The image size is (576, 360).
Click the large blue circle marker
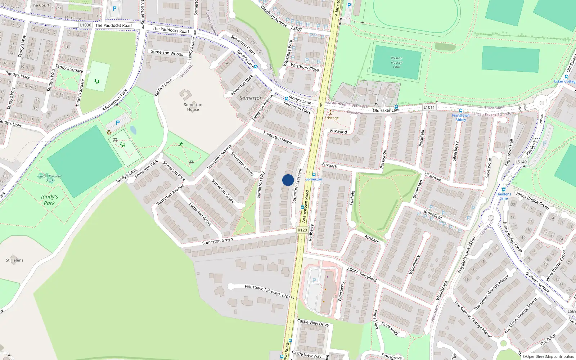[x=288, y=180]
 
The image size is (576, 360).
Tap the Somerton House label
[x=193, y=107]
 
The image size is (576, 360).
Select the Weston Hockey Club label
[x=396, y=62]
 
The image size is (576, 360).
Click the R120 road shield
[x=302, y=230]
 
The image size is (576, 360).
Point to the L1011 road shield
[x=429, y=107]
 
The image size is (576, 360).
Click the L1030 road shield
[x=86, y=25]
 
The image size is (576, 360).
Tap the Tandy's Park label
[x=49, y=200]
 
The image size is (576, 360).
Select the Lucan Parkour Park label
[x=50, y=178]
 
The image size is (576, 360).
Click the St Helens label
[x=15, y=260]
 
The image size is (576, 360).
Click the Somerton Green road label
[x=217, y=241]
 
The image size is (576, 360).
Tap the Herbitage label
[x=330, y=118]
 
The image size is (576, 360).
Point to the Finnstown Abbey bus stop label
[x=460, y=117]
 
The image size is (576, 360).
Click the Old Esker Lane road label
[x=386, y=110]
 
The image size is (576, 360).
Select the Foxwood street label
[x=338, y=131]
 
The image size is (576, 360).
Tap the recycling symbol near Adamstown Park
[x=109, y=132]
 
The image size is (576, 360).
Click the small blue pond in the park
[x=133, y=130]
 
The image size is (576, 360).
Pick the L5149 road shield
[x=521, y=162]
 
